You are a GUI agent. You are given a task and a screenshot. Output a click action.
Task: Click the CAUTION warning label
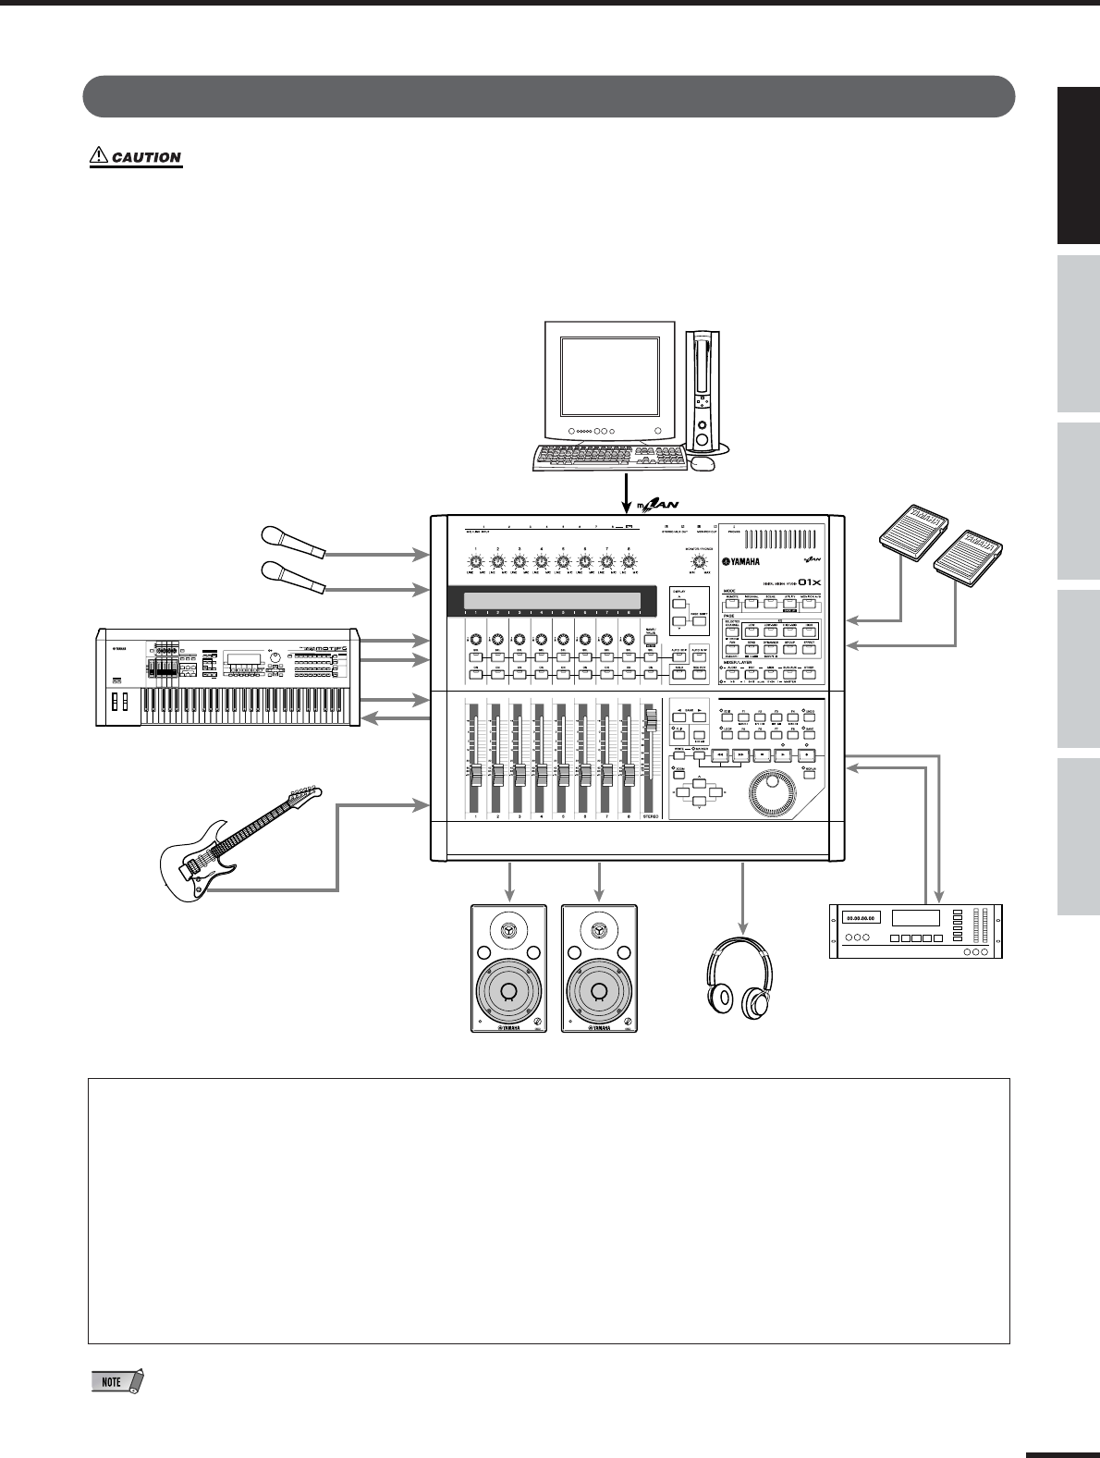pos(136,157)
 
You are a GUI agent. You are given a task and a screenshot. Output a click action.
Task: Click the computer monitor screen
pos(610,375)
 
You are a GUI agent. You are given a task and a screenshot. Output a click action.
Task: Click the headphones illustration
pos(739,980)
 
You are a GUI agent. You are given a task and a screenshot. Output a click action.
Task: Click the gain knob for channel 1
pos(475,561)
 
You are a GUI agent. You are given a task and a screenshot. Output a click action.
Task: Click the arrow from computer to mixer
pos(627,490)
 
